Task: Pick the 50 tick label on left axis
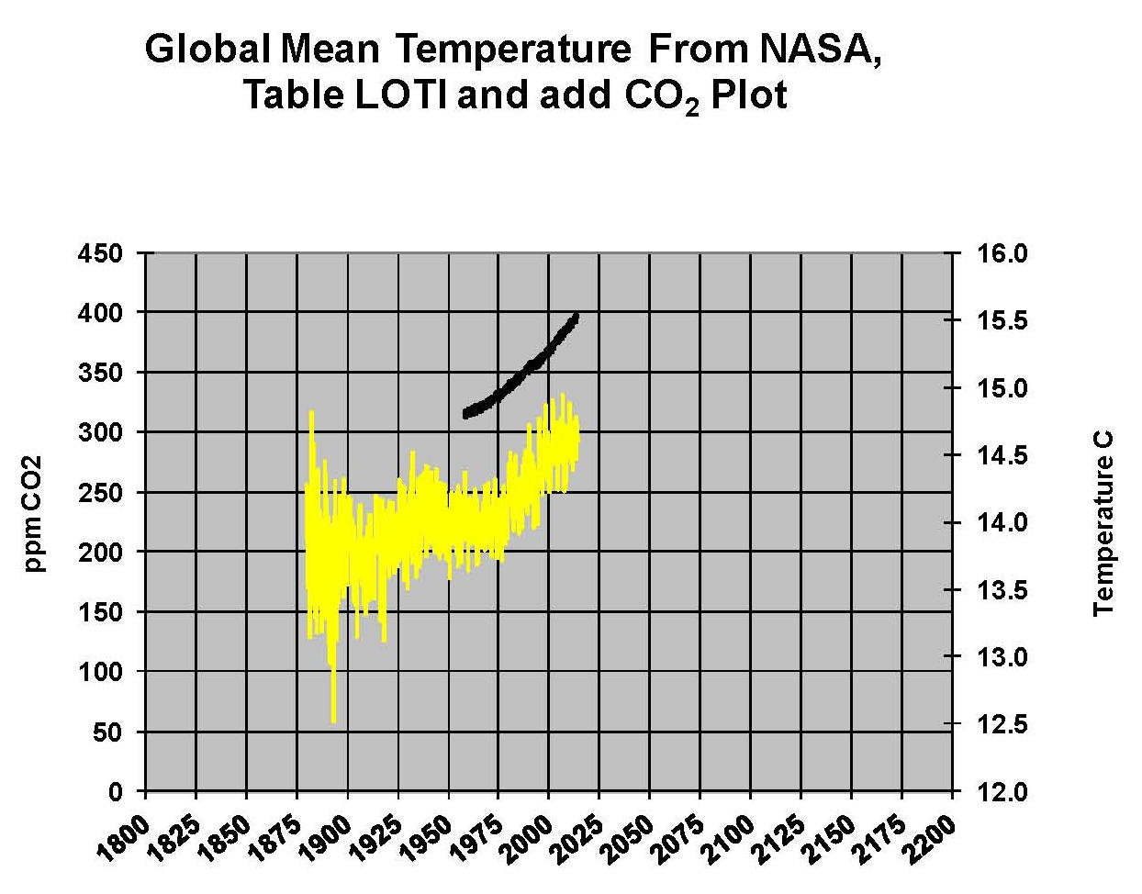(x=109, y=732)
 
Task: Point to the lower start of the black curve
(x=466, y=414)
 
